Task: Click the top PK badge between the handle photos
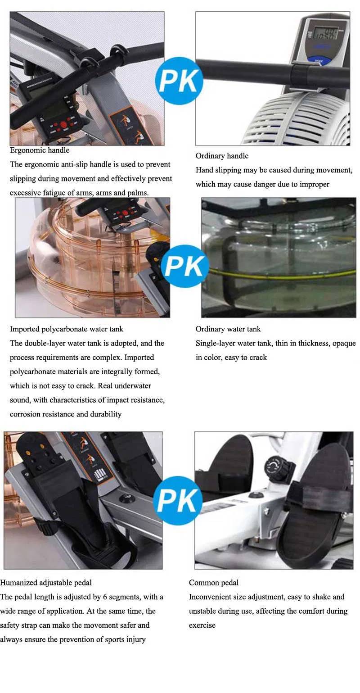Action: coord(179,81)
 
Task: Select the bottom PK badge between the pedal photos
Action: coord(178,500)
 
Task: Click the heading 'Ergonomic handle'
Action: coord(40,150)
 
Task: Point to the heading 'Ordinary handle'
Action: coord(222,156)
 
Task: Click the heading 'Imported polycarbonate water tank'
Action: coord(67,329)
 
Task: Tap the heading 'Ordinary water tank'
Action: coord(228,329)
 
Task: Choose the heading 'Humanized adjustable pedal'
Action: coord(46,583)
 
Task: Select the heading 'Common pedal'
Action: coord(214,583)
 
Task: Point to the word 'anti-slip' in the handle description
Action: coord(67,164)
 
